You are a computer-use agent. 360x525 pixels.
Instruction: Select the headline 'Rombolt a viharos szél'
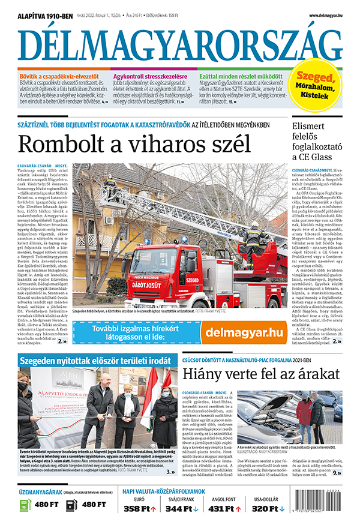134,145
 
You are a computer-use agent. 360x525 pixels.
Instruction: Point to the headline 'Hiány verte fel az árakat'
260,375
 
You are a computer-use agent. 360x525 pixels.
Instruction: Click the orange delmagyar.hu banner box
243,331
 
